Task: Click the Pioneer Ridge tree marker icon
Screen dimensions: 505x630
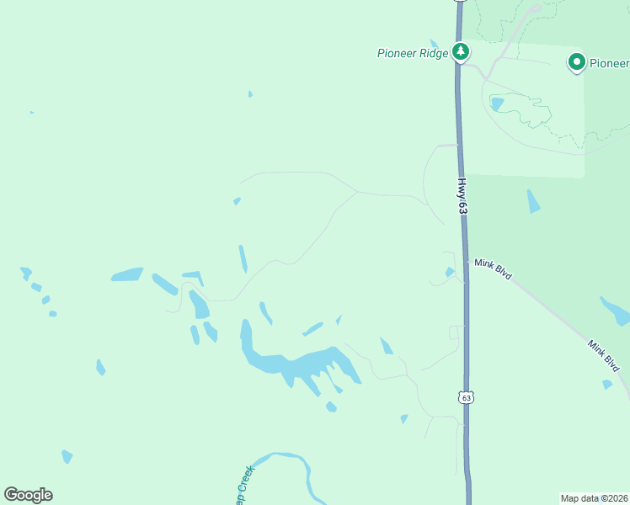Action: [461, 52]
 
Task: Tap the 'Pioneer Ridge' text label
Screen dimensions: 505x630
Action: [412, 53]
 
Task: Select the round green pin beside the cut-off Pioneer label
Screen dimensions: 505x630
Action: [577, 62]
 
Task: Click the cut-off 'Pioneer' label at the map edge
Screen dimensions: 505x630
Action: [608, 63]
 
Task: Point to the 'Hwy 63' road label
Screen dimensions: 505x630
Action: [462, 195]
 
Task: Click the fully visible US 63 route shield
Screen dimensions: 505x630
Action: [467, 396]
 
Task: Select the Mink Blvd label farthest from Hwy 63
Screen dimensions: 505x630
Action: [604, 356]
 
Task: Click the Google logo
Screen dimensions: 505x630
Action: [29, 495]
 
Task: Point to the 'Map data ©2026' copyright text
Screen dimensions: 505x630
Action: [594, 497]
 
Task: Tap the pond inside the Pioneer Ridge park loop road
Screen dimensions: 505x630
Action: [497, 104]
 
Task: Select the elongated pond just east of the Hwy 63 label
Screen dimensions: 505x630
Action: [533, 201]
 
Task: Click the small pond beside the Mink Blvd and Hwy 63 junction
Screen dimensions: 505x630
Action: [450, 272]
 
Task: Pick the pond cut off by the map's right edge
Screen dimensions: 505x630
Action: [616, 311]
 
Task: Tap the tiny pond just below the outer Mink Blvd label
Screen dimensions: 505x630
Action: [607, 385]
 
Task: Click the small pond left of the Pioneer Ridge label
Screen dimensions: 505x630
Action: [434, 44]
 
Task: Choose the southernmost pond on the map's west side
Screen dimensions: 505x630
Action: [67, 456]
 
